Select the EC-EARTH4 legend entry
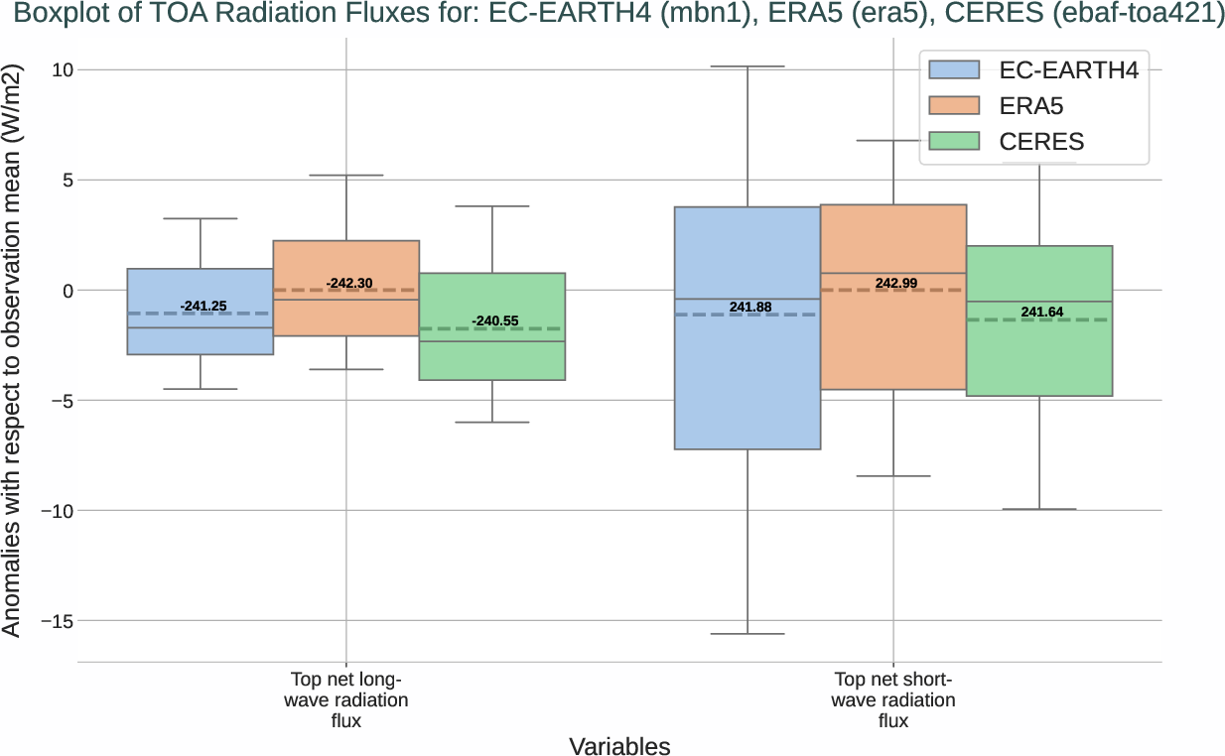(1032, 69)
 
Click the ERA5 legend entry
(1032, 105)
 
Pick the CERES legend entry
(1032, 142)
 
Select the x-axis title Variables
(619, 746)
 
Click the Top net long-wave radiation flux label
(345, 700)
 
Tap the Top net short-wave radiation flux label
(893, 700)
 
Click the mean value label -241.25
(204, 306)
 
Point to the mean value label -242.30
(349, 284)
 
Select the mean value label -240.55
(494, 321)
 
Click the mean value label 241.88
(749, 308)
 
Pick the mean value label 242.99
(895, 284)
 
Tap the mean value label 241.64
(1041, 313)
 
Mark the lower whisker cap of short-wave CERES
(1039, 509)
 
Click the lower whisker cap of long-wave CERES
(492, 422)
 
